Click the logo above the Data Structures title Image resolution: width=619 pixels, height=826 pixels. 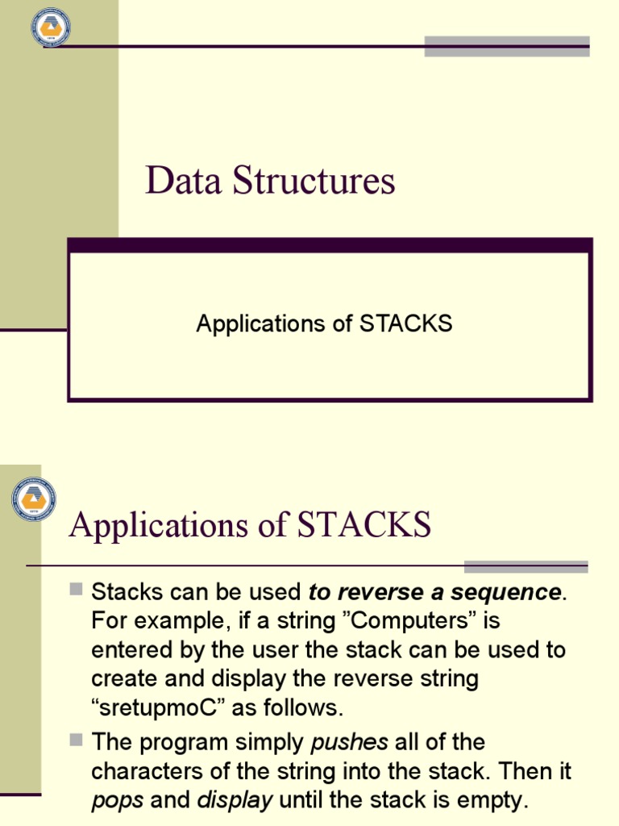(51, 27)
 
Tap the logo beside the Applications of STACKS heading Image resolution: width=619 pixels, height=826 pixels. (34, 498)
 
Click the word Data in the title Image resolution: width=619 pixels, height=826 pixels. (184, 180)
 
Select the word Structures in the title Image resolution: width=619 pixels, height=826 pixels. (314, 180)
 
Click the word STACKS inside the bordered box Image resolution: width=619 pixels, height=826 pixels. (405, 324)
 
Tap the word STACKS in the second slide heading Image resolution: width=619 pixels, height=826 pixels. (365, 525)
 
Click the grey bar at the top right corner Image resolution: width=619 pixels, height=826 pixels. (507, 46)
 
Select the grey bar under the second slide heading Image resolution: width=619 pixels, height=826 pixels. (526, 566)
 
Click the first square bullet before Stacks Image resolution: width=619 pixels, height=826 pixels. (77, 590)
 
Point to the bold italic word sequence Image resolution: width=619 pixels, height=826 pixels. (507, 592)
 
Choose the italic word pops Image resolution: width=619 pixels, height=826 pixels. (116, 799)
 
